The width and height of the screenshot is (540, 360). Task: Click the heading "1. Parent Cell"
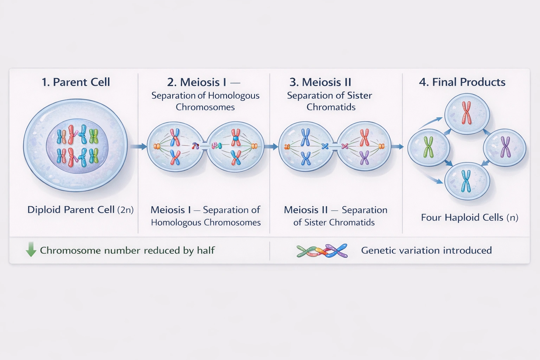coord(76,82)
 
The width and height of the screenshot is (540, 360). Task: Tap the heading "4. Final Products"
coord(462,82)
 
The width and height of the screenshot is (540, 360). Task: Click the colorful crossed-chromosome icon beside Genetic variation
coord(322,251)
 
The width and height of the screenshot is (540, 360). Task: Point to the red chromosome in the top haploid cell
coord(467,113)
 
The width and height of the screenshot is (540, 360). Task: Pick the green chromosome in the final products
coord(428,147)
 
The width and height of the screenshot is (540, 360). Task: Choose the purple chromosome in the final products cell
coord(505,147)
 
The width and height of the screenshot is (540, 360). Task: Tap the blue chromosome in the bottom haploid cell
coord(466,181)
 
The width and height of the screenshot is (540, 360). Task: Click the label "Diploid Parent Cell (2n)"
coord(80,210)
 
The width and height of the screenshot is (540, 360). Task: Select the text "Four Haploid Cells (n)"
coord(469,218)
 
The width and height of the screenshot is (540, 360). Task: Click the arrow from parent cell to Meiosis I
coord(139,147)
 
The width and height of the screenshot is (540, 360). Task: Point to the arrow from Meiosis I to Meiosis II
coord(271,147)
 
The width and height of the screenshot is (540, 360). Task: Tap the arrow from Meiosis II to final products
coord(398,147)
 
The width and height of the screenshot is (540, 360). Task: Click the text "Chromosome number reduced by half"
coord(127,250)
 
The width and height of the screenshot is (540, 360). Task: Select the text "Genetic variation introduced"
coord(426,250)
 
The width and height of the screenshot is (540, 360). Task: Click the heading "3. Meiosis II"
coord(320,82)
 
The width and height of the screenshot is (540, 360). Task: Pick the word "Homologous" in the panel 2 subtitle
coord(233,96)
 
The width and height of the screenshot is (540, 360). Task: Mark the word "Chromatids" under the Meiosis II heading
coord(331,107)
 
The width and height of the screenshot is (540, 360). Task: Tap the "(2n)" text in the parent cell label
coord(125,210)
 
